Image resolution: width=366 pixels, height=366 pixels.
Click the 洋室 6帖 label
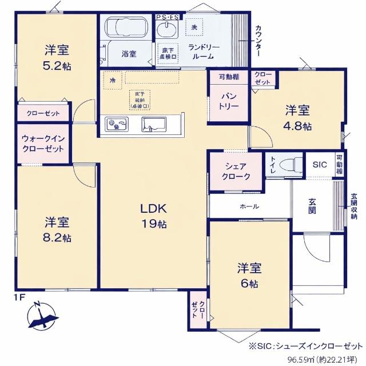pos(250,275)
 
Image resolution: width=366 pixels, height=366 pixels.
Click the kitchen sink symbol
pos(153,124)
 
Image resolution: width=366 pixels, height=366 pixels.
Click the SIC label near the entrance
pos(319,164)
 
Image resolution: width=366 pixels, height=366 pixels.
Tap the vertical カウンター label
pos(258,41)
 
